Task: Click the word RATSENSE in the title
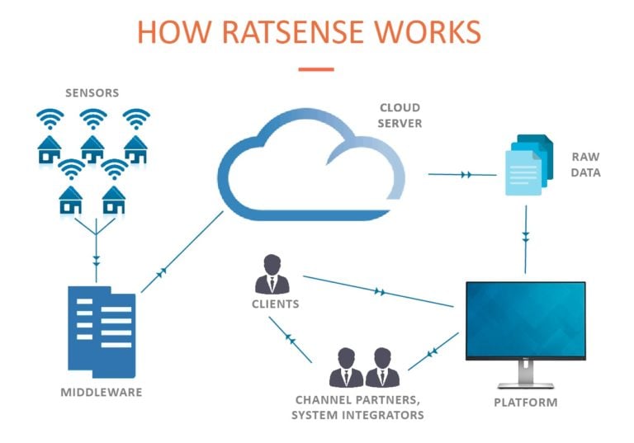[x=296, y=32]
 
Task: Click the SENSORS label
[x=92, y=93]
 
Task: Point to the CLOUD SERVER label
[x=400, y=115]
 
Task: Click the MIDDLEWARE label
[x=101, y=392]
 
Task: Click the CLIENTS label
[x=274, y=304]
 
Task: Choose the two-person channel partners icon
[x=364, y=368]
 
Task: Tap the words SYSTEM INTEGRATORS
[x=357, y=414]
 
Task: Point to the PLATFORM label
[x=525, y=403]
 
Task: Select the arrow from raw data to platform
[x=526, y=235]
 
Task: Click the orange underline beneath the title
[x=315, y=69]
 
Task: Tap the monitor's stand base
[x=525, y=384]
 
